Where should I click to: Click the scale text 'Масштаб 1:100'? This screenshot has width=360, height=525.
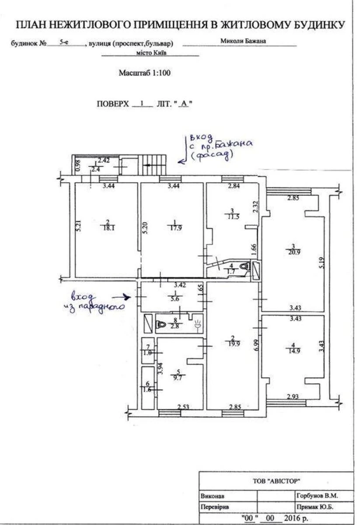[144, 73]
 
